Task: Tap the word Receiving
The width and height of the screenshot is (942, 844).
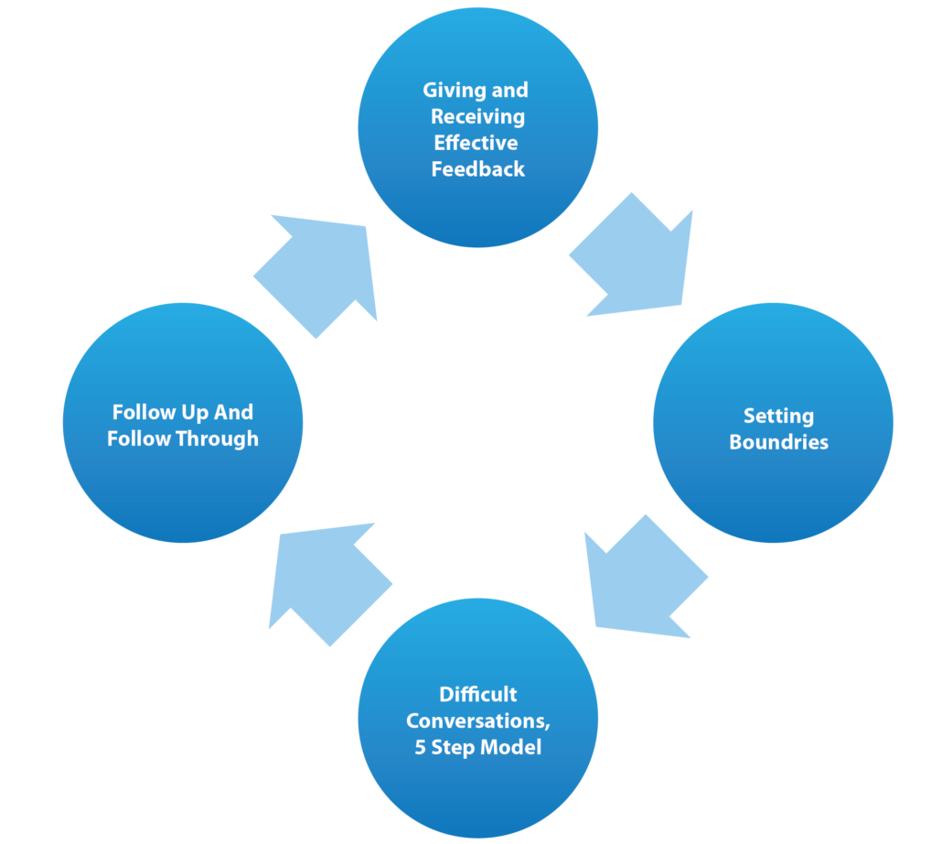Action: coord(477,117)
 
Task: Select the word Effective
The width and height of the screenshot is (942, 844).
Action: coord(476,143)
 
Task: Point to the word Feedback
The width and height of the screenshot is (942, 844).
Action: coord(477,168)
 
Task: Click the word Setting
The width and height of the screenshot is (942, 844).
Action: coord(778,417)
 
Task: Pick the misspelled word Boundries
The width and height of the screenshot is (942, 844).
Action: coord(778,442)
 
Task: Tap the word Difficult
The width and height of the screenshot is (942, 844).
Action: coord(477,694)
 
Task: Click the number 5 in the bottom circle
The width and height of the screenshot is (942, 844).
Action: coord(420,747)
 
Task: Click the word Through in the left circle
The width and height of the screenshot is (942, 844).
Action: coord(219,439)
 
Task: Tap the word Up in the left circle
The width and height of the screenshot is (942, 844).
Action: coord(198,413)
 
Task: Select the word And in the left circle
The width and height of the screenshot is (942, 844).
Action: coord(234,413)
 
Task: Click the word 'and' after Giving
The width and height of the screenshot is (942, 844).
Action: coord(510,91)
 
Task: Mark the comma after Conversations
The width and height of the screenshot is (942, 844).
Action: coord(547,725)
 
